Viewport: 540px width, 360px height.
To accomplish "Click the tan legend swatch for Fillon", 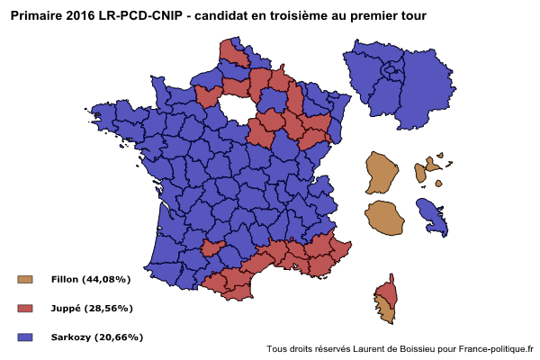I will coord(25,280).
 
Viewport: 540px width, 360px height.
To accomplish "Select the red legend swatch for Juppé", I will coord(25,309).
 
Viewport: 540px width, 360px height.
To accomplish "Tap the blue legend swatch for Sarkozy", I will coord(25,337).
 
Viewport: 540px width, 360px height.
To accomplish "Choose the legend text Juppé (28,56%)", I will coord(93,309).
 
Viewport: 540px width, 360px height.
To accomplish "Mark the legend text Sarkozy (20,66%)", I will coord(97,337).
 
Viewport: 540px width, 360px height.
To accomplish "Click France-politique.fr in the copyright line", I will coord(495,349).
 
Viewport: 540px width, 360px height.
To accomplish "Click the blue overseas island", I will coord(433,216).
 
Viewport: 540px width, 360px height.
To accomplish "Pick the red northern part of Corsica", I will coord(388,290).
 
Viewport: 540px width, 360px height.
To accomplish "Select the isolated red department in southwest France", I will coord(213,247).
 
